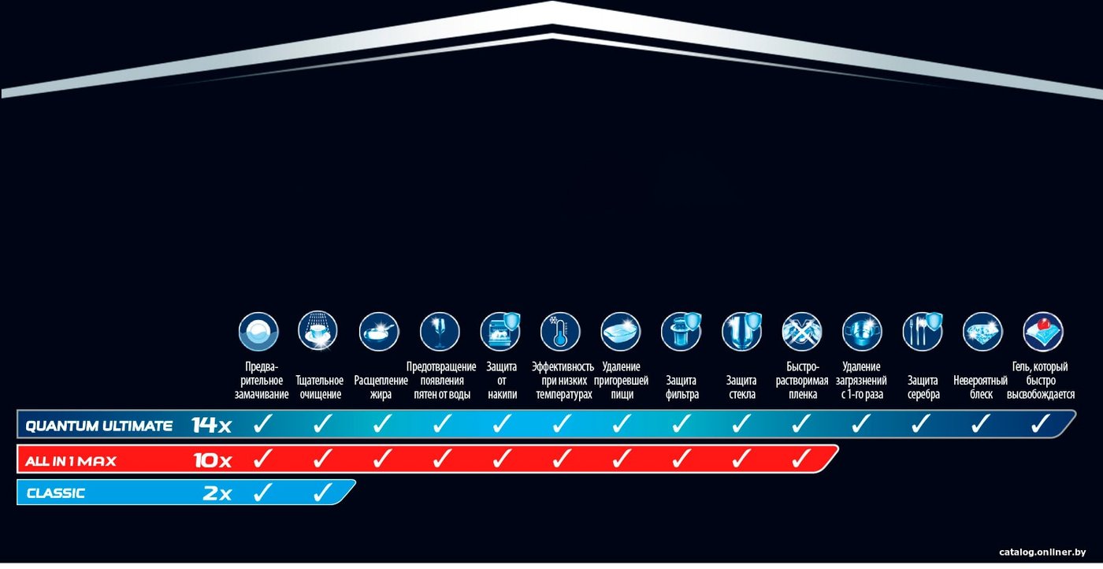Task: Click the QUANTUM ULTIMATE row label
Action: point(98,426)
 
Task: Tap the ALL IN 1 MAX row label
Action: point(70,461)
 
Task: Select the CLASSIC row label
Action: point(56,493)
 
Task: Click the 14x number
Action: point(211,425)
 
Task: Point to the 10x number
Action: point(212,460)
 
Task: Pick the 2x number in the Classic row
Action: point(217,493)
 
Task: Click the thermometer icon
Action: point(560,332)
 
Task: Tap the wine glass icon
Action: point(440,332)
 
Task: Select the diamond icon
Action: point(982,332)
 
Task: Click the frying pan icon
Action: point(379,332)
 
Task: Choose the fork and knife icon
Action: point(923,332)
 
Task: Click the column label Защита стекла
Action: point(741,387)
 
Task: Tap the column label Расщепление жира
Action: point(381,387)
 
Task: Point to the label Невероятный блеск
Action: point(980,387)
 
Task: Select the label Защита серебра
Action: point(923,387)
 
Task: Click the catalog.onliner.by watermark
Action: point(1042,552)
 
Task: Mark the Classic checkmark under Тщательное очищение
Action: point(322,492)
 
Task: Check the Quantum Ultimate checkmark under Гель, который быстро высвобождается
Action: point(1041,423)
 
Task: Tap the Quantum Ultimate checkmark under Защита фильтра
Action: point(681,423)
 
